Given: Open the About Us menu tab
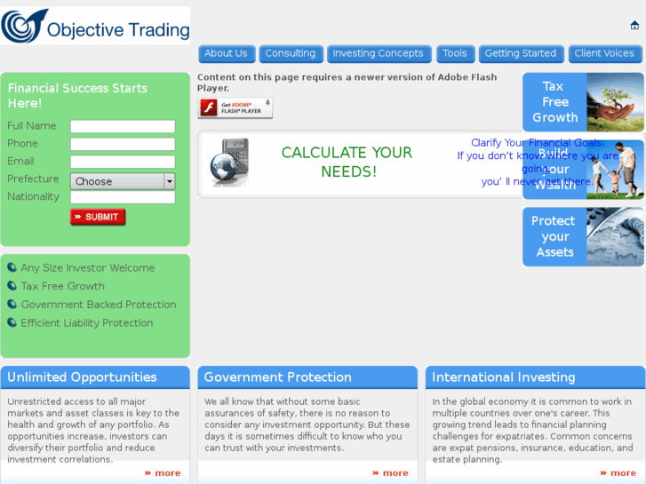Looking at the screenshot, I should [x=226, y=53].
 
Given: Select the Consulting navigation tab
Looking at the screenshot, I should [x=290, y=53].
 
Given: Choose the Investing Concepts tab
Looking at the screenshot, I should [x=378, y=53].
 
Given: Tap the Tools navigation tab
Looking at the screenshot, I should [x=454, y=53].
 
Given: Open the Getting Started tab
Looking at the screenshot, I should [x=521, y=53].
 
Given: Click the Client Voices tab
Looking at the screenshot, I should [x=604, y=53].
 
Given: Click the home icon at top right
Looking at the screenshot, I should [x=634, y=26].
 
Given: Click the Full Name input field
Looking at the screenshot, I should [x=123, y=126].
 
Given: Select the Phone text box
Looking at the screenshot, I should [x=123, y=144].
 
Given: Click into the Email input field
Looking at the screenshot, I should [x=123, y=162].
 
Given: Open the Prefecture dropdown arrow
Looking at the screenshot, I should [x=170, y=181].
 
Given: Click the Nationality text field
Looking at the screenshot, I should [x=123, y=197].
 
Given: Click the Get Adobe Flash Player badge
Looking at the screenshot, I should [x=235, y=108].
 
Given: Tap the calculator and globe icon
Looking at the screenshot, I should [x=229, y=163].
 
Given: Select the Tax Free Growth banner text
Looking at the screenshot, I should [x=554, y=102].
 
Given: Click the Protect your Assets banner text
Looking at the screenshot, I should [x=554, y=236].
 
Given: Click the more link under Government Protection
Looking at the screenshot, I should [x=390, y=473].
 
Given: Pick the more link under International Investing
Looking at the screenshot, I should [x=618, y=473].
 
